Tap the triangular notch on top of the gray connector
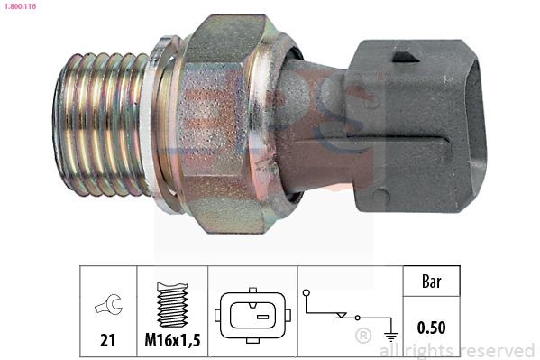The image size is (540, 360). click(405, 56)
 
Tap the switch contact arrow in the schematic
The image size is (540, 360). click(342, 316)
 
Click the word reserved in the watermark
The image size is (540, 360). click(496, 350)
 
